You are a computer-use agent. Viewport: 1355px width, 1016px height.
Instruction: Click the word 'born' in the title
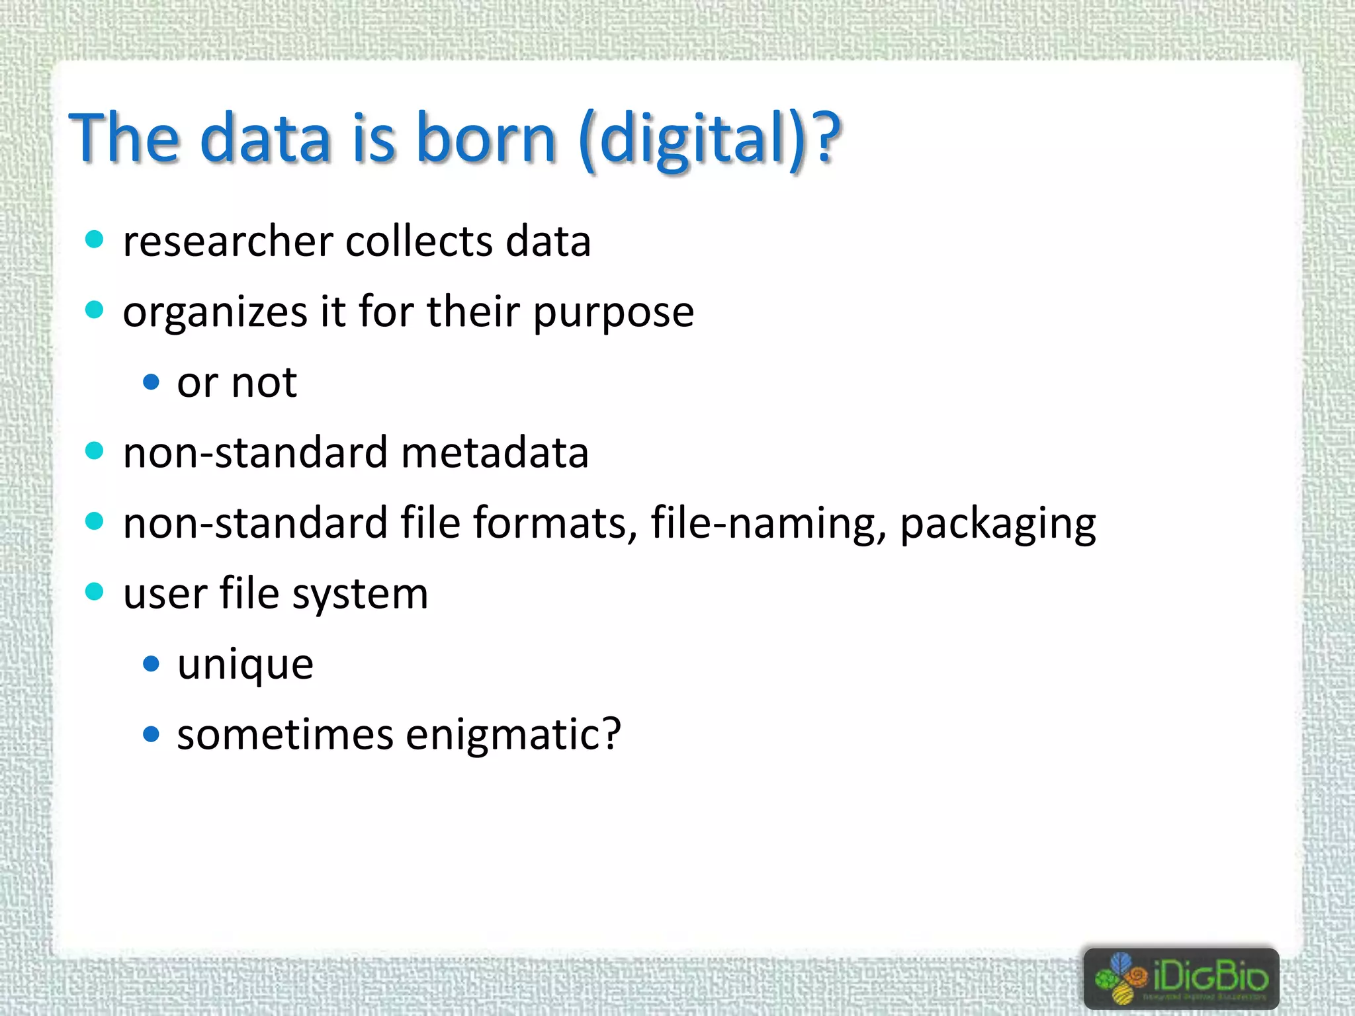coord(486,138)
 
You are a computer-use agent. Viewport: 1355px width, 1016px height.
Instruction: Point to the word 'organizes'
coord(215,312)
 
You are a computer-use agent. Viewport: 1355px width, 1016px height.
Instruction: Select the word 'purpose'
coord(613,312)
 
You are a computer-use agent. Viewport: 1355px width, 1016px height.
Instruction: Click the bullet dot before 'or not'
coord(152,382)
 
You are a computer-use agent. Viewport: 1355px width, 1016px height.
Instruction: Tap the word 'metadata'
coord(494,453)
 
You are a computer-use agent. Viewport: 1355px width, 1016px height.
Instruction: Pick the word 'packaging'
coord(998,525)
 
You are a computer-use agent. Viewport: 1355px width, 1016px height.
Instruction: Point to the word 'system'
coord(361,594)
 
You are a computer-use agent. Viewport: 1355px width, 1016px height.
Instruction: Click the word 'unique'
coord(245,664)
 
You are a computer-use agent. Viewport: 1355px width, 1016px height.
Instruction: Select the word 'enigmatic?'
coord(513,735)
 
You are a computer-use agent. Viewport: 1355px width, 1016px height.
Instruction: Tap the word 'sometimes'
coord(285,735)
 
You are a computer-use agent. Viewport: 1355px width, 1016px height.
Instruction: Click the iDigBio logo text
coord(1210,976)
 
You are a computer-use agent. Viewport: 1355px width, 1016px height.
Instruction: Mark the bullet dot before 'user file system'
coord(95,591)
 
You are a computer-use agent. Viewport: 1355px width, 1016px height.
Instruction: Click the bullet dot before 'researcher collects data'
coord(95,239)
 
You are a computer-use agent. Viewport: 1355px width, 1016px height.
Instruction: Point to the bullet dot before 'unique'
coord(152,663)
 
